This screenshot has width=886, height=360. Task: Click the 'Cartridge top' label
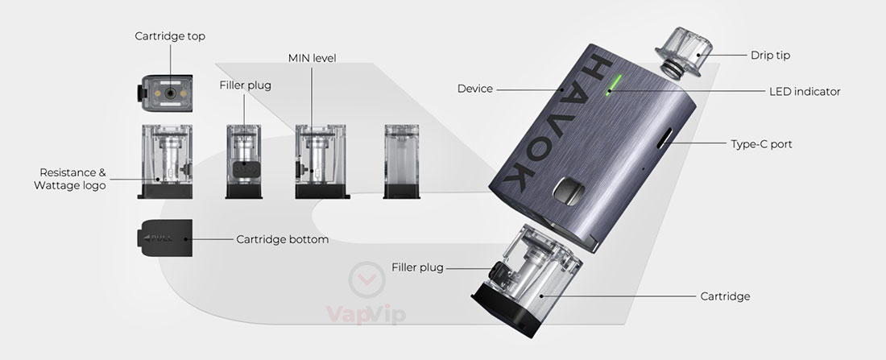(x=170, y=36)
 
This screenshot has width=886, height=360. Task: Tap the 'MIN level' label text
(x=312, y=58)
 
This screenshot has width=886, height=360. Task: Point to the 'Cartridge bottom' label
(x=282, y=239)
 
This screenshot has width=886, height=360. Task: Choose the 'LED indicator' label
(x=805, y=92)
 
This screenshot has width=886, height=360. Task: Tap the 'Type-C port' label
(x=761, y=145)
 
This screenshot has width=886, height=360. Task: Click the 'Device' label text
(x=474, y=89)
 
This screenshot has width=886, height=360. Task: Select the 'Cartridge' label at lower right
(x=725, y=296)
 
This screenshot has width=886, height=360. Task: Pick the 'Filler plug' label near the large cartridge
(x=417, y=267)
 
